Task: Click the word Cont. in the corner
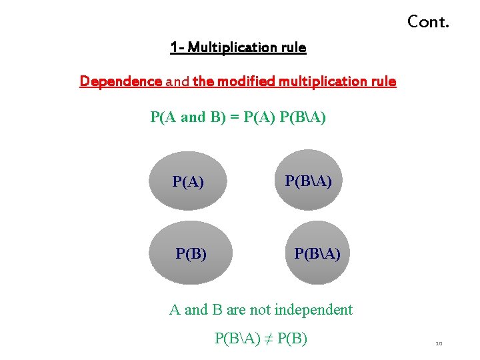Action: tap(428, 22)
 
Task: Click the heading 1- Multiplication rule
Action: tap(238, 47)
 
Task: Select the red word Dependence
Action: tap(121, 81)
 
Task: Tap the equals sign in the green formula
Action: tap(235, 117)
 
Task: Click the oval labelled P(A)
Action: tap(188, 181)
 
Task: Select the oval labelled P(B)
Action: tap(191, 253)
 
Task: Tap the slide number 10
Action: tap(439, 344)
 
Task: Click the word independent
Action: tap(314, 309)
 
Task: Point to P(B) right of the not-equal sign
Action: tap(292, 339)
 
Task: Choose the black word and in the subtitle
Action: tap(177, 81)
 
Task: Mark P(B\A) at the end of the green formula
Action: tap(303, 117)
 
